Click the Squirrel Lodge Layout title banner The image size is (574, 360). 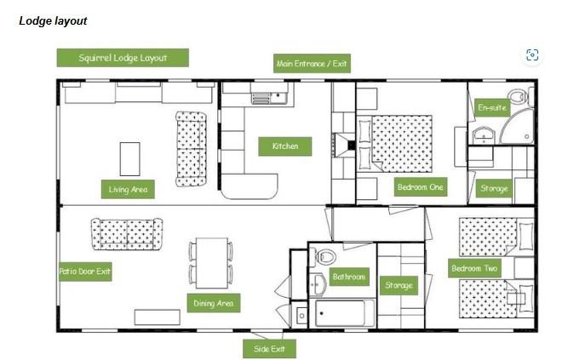coord(123,58)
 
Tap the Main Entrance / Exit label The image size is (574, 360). coord(312,63)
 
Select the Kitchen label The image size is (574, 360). coord(285,146)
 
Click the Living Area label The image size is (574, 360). coord(128,189)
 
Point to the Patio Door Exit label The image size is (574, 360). coord(85,271)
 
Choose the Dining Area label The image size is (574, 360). coord(214,303)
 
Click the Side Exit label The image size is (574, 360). coord(269,349)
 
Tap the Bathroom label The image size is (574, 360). coord(349,277)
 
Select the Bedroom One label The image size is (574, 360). coord(420,187)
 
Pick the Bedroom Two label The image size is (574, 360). coord(474,268)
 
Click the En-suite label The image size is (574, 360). coord(492,107)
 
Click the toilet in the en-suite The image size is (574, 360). coord(520,97)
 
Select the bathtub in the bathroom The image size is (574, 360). coord(342,313)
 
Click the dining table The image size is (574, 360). coord(211,263)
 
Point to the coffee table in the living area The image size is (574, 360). coord(130,159)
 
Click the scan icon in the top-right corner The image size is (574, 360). coord(532,55)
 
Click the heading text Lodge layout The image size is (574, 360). coord(53,21)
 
